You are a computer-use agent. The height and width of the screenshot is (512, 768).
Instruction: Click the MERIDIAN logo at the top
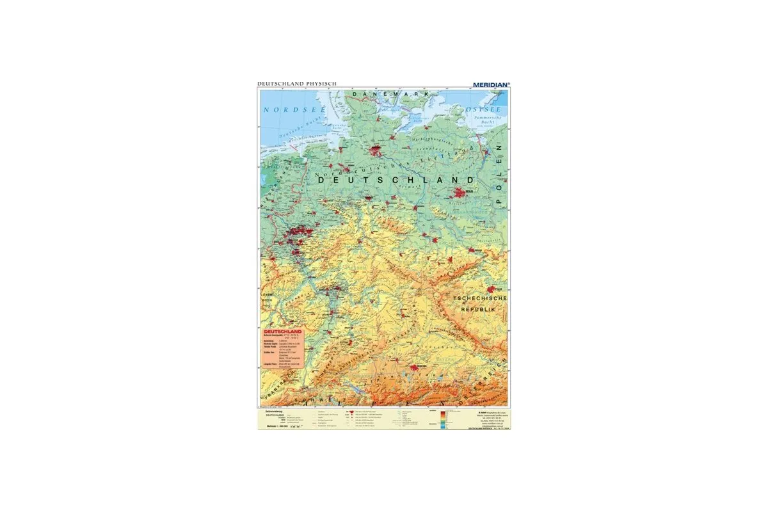[x=490, y=83]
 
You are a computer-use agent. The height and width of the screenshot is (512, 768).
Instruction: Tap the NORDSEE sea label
[x=285, y=110]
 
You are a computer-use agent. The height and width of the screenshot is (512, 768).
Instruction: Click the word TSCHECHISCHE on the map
[x=480, y=299]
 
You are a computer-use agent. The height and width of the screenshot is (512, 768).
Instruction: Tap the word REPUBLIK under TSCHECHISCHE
[x=479, y=309]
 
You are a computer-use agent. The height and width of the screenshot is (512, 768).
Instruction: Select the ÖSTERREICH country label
[x=486, y=384]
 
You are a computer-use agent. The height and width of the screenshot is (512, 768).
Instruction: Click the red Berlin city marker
[x=460, y=191]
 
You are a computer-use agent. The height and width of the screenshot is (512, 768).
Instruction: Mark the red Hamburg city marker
[x=376, y=151]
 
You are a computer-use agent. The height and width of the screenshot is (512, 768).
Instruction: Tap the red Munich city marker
[x=417, y=367]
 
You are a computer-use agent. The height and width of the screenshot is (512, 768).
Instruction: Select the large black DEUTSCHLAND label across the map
[x=395, y=181]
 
